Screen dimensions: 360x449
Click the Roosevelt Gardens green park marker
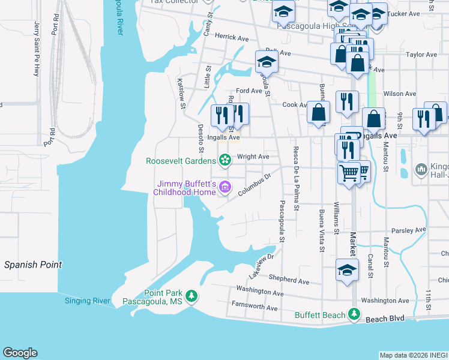[224, 160]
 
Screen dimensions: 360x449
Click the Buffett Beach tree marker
[354, 314]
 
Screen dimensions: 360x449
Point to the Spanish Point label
[33, 265]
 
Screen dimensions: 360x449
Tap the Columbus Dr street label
[255, 185]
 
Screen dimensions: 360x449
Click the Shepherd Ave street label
[289, 280]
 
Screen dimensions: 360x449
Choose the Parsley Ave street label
[408, 229]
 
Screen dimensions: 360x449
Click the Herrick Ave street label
[231, 38]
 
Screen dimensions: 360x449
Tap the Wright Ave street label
[253, 157]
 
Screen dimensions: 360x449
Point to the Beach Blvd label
[385, 320]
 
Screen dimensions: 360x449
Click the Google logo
[20, 353]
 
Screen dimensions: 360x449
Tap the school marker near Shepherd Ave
[347, 271]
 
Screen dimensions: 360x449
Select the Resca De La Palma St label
[296, 179]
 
